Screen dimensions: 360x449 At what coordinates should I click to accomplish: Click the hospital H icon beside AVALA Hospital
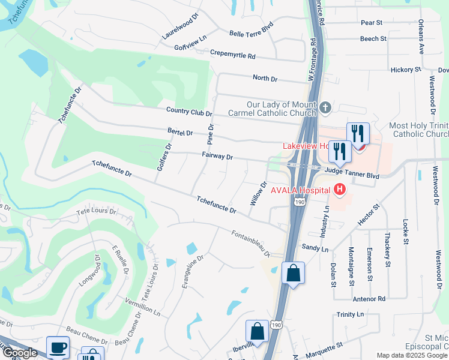point(340,190)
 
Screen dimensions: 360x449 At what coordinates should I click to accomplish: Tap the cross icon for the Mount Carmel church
point(325,108)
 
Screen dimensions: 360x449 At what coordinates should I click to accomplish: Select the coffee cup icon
point(58,348)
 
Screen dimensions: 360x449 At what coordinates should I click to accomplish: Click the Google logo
point(19,353)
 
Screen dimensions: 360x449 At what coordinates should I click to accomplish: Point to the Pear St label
point(372,23)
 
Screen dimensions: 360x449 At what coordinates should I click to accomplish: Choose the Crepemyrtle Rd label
point(233,54)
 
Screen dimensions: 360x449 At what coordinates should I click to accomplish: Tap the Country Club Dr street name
point(189,112)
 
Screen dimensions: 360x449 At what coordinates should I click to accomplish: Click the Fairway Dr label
point(217,156)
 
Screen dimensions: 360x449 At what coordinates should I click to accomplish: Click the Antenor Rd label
point(369,298)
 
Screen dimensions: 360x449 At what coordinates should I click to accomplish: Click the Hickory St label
point(406,70)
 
